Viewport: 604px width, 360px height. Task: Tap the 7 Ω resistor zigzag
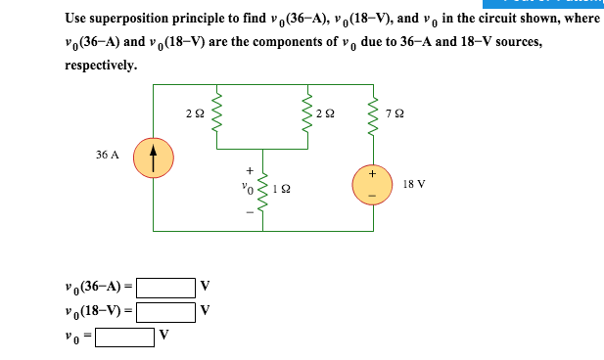pyautogui.click(x=372, y=114)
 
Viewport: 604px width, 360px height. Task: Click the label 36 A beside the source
pyautogui.click(x=107, y=155)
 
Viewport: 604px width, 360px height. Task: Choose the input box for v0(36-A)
pyautogui.click(x=165, y=289)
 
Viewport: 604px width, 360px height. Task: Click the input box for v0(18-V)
pyautogui.click(x=165, y=312)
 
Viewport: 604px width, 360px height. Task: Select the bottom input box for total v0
pyautogui.click(x=124, y=337)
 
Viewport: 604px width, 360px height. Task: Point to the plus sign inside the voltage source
pyautogui.click(x=372, y=173)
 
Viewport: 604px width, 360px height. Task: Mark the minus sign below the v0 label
pyautogui.click(x=248, y=208)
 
